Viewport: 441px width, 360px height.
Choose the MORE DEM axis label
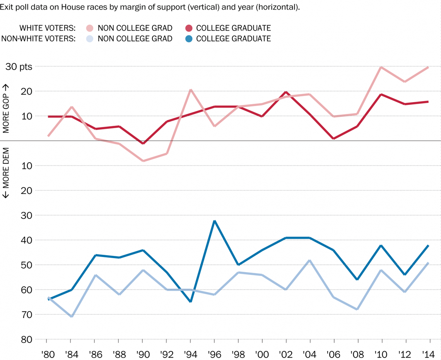(x=6, y=173)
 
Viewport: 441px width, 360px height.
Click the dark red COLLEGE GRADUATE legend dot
(x=189, y=28)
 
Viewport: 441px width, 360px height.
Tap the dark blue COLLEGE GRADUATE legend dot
(x=189, y=38)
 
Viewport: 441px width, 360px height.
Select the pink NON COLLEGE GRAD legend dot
(x=90, y=28)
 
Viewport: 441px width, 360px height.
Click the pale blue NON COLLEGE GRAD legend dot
(x=90, y=38)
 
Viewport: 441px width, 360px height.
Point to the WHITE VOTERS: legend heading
(x=48, y=28)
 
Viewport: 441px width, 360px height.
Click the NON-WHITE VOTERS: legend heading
(x=39, y=38)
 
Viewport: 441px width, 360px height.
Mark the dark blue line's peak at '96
(x=215, y=221)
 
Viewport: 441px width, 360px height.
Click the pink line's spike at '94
(x=191, y=90)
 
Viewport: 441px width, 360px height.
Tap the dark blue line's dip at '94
(x=191, y=301)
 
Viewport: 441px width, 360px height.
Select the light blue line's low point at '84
(x=72, y=316)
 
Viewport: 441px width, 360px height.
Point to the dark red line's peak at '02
(x=286, y=92)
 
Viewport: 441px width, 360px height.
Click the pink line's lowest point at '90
(x=143, y=161)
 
